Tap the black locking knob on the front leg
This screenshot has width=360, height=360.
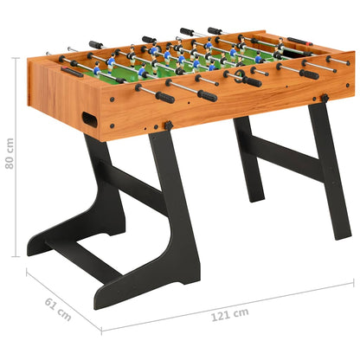pyautogui.click(x=168, y=126)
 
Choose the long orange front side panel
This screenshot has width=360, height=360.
pyautogui.click(x=216, y=108)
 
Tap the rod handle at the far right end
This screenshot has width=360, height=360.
pyautogui.click(x=339, y=61)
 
